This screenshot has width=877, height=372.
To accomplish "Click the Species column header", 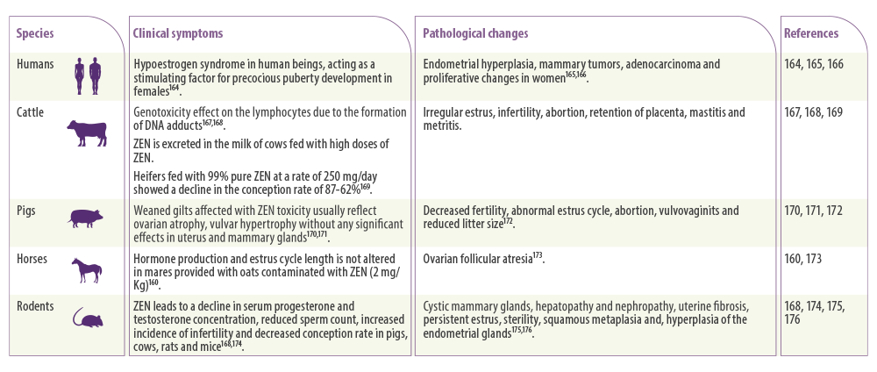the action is point(35,33).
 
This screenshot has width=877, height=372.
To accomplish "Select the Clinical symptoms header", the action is point(178,33).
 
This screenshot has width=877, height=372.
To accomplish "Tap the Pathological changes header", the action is point(475,33).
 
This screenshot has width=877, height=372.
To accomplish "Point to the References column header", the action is point(811,33).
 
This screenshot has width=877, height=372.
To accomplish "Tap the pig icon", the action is point(86,218).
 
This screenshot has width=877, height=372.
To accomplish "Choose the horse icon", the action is point(87,270).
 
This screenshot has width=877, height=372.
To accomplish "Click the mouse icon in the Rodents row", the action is point(88,318).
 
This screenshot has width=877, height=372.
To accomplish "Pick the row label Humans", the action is point(35,64).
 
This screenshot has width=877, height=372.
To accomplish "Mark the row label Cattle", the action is point(30,112).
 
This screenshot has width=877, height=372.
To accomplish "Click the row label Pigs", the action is point(26,211).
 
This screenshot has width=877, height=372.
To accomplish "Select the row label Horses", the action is point(32,259).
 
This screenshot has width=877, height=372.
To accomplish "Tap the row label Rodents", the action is point(35,306).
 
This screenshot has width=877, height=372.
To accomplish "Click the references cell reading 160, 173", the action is point(803,259).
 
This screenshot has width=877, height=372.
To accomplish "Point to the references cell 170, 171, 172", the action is point(814,211).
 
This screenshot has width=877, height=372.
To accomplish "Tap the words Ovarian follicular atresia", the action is point(477,260).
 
